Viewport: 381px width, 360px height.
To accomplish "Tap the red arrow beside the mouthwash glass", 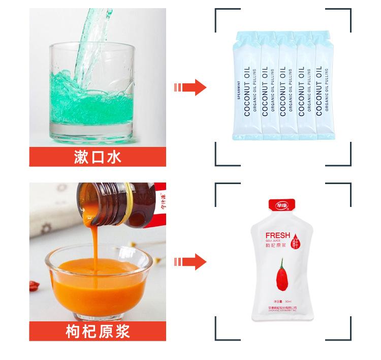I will [x=190, y=87].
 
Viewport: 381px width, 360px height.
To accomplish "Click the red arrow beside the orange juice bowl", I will [x=190, y=263].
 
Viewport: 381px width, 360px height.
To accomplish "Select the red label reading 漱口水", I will [x=98, y=157].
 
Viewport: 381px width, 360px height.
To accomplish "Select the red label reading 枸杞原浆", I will [x=98, y=331].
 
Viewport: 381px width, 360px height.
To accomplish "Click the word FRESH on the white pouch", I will [x=278, y=235].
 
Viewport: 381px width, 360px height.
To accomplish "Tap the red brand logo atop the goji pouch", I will [x=282, y=206].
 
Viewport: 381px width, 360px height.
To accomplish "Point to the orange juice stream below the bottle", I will [x=92, y=239].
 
